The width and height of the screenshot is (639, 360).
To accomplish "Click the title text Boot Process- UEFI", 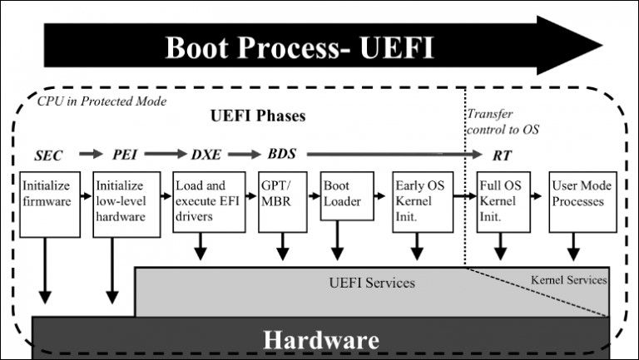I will (x=300, y=47).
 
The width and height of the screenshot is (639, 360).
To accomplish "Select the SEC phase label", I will (x=49, y=155).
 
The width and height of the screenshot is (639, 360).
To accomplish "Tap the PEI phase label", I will (x=125, y=155).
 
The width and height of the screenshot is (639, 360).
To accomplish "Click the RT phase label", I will (x=503, y=155).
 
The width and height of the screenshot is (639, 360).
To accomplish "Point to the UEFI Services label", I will (x=368, y=283).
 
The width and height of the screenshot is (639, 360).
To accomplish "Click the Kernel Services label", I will (x=569, y=280).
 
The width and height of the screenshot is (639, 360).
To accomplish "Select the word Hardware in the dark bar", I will (x=321, y=340).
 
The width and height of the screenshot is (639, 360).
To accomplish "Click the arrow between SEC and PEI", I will (x=87, y=155).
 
